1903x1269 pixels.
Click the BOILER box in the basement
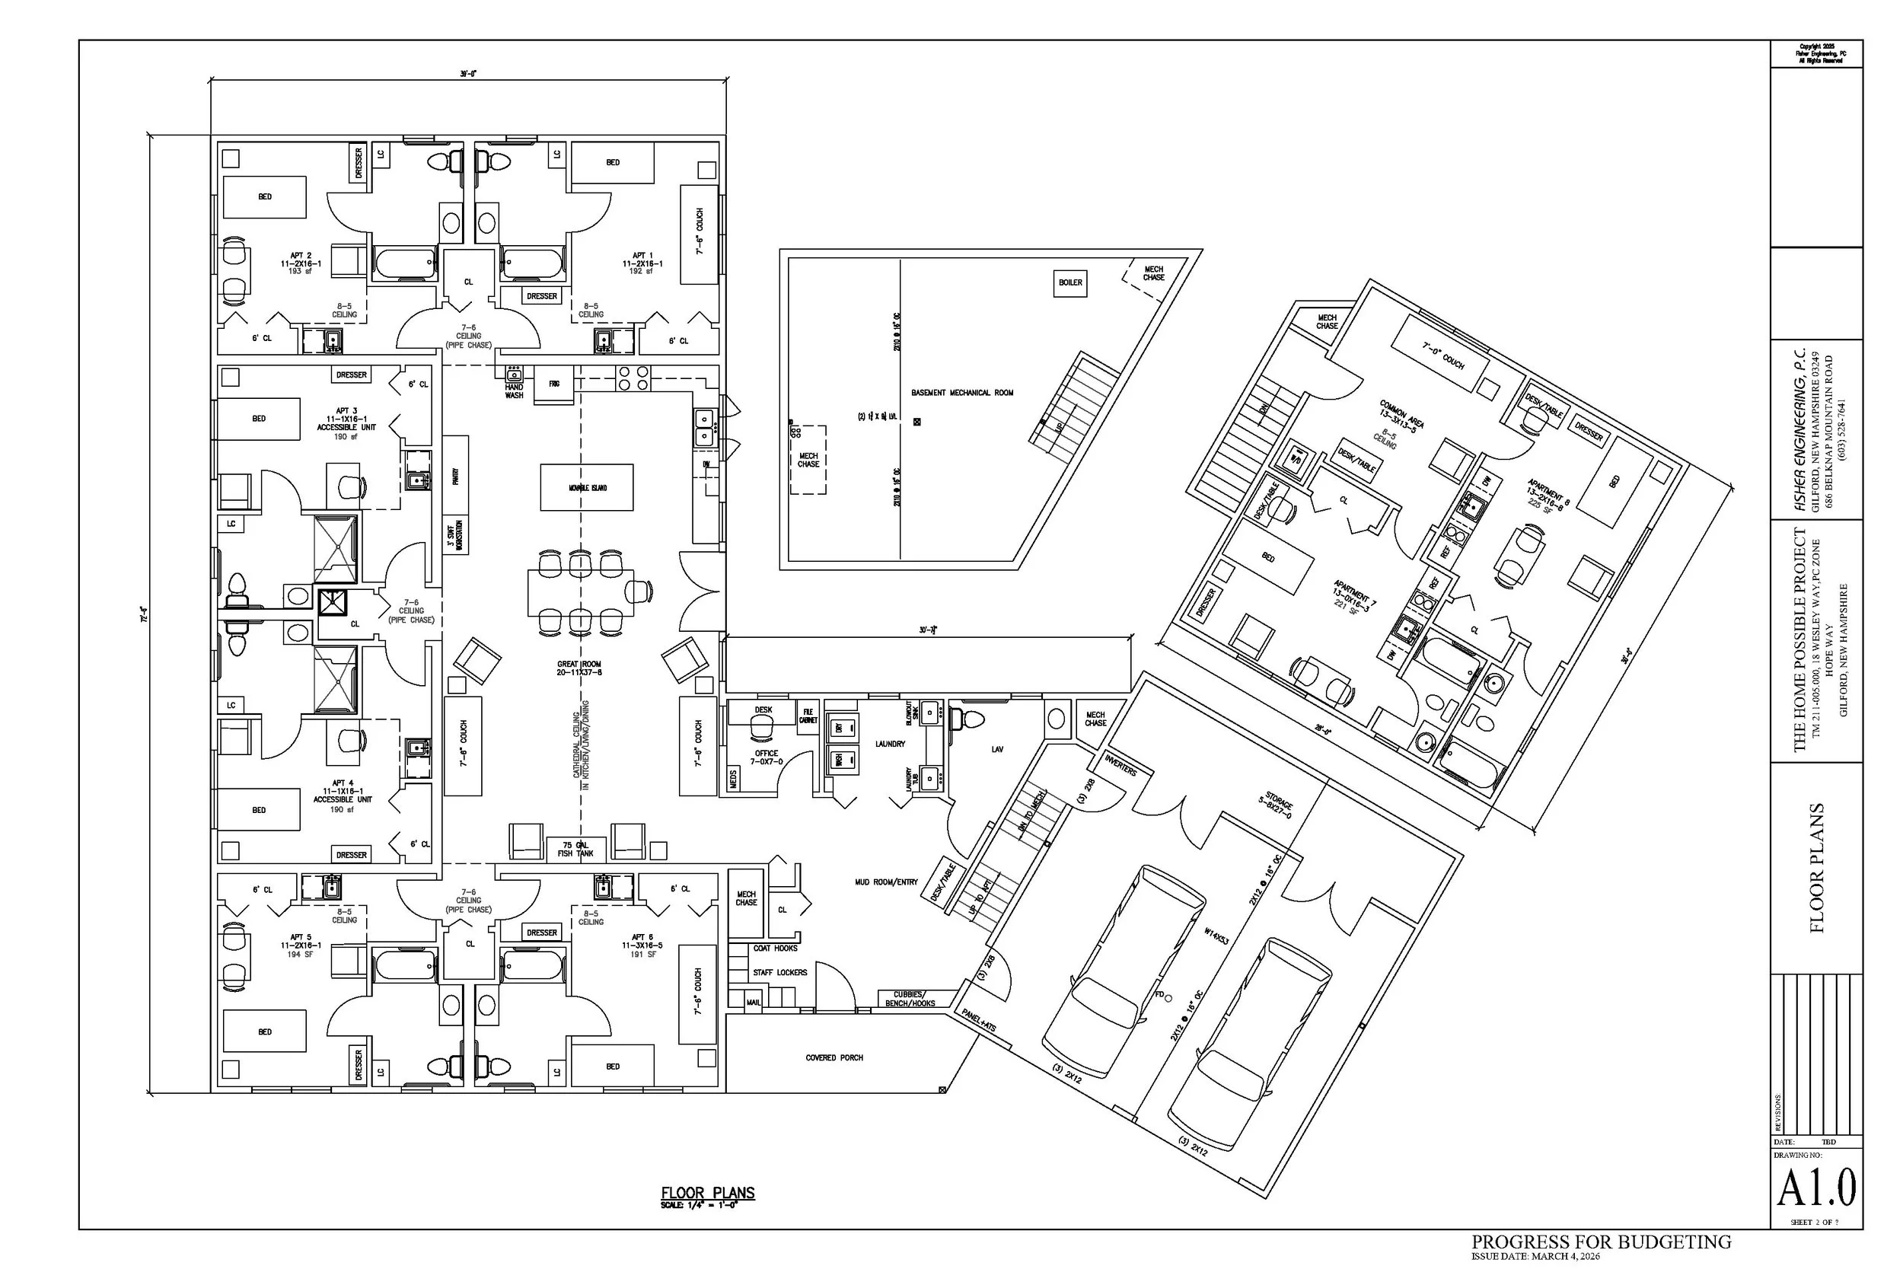coord(1069,282)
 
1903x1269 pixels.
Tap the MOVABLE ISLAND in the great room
coord(587,488)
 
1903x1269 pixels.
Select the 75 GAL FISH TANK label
coord(575,849)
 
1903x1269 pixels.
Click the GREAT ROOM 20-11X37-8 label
coord(579,668)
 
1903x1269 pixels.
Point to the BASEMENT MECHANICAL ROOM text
coord(962,394)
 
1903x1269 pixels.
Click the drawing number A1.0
coord(1816,1188)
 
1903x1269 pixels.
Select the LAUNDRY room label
coord(890,744)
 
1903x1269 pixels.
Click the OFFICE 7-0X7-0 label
coord(767,757)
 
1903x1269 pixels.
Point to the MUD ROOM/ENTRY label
coord(886,882)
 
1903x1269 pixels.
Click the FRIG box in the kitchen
coord(554,384)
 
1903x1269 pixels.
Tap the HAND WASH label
coord(515,392)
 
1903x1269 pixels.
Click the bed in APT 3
coord(259,419)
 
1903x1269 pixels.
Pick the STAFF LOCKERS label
coord(780,972)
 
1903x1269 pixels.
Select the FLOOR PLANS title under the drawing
coord(707,1193)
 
